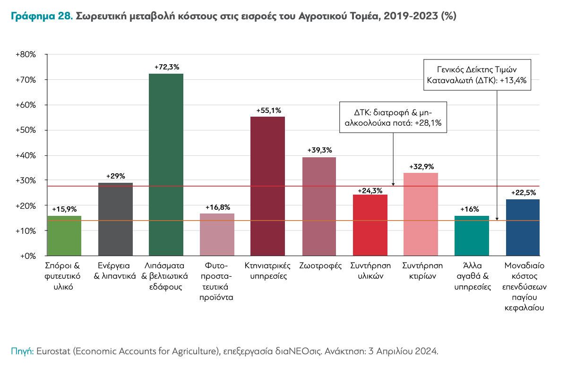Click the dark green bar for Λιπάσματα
click(166, 165)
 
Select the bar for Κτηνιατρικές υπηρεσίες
click(267, 186)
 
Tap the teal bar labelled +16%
click(471, 236)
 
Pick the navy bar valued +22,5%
click(522, 228)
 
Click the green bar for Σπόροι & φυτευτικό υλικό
click(65, 236)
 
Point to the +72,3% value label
click(166, 68)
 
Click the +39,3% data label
click(319, 151)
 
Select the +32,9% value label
click(421, 167)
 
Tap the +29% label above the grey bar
click(115, 176)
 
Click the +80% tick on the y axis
click(26, 55)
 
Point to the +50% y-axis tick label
click(26, 130)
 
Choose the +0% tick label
click(28, 256)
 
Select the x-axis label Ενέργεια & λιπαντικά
click(115, 270)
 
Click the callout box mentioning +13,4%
click(477, 75)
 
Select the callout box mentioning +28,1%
click(394, 117)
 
